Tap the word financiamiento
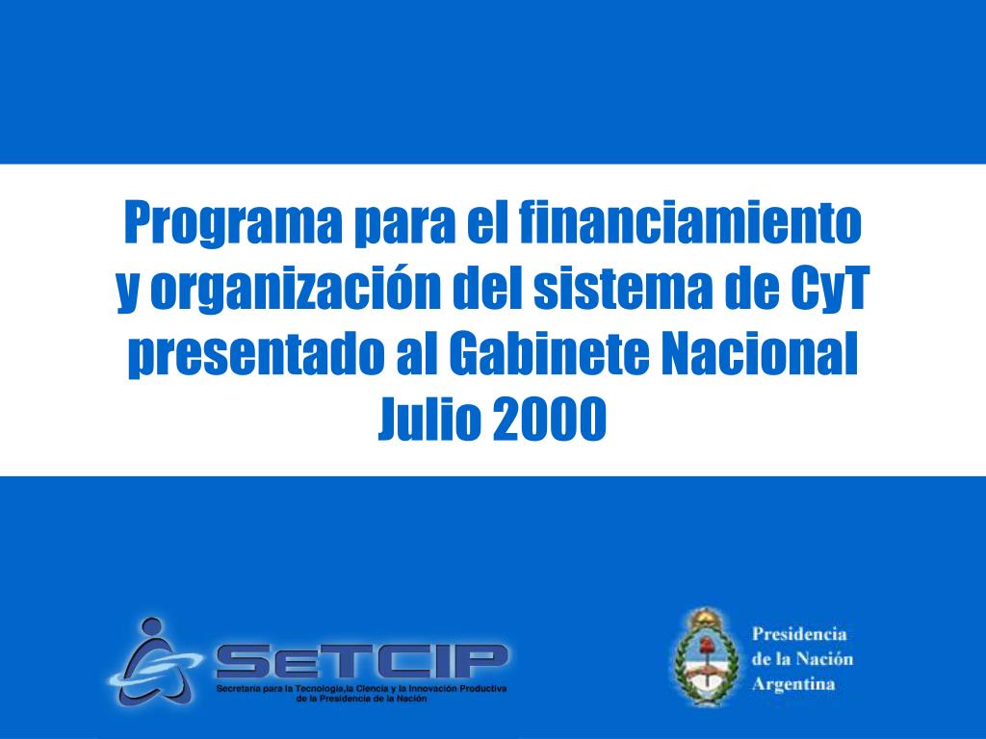[690, 224]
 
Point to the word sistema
[596, 290]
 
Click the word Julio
[428, 420]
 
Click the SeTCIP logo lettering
[361, 662]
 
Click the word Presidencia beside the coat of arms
[798, 634]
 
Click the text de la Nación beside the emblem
[802, 659]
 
